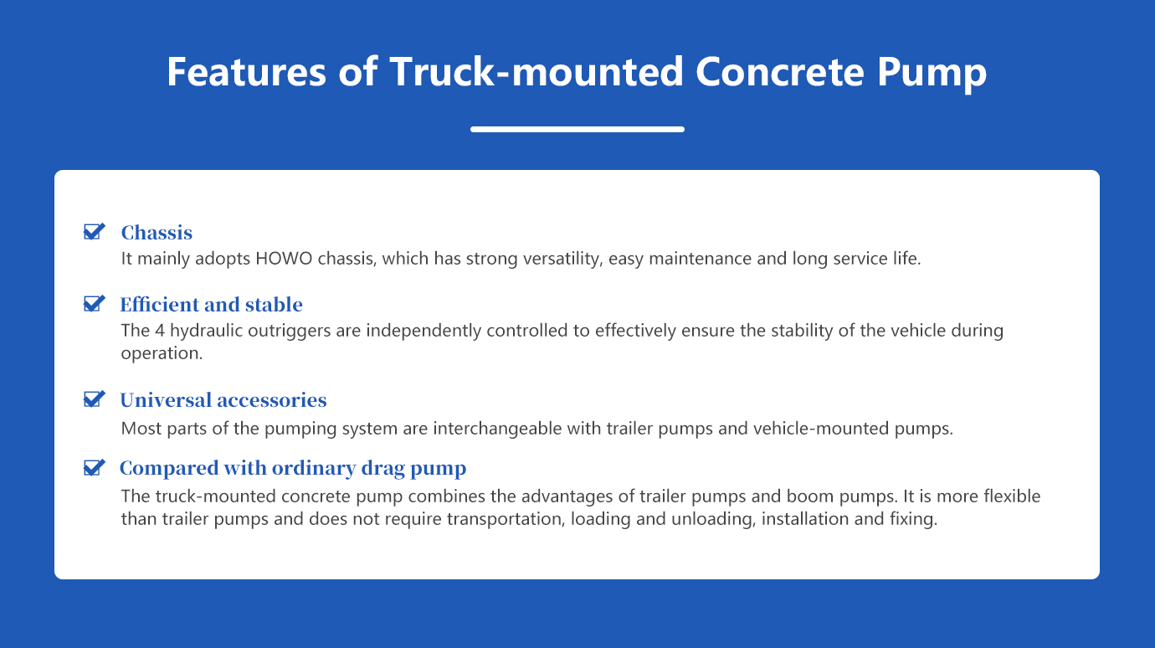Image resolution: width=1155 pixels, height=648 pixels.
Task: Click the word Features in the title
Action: (246, 71)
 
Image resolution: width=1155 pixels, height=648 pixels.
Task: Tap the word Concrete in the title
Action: (780, 71)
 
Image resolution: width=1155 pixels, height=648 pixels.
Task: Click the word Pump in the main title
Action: (932, 75)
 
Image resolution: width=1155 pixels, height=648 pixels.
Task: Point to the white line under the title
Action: (577, 130)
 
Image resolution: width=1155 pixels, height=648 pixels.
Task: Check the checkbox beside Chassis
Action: (95, 232)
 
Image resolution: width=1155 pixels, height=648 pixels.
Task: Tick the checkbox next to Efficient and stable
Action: (95, 303)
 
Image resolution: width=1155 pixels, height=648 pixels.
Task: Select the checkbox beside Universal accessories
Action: (95, 399)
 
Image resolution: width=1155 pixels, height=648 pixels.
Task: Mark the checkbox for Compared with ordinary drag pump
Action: (95, 467)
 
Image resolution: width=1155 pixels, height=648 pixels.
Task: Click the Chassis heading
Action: (157, 233)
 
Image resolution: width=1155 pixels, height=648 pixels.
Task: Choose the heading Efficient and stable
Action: (212, 305)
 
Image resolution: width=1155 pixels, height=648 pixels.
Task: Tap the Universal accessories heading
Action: (223, 400)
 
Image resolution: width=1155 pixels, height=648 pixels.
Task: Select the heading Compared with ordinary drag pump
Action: (293, 469)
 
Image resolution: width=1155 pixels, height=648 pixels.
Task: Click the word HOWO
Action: (284, 259)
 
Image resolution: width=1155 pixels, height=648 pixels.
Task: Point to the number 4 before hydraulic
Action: (160, 330)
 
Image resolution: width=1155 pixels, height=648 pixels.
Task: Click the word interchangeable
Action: (517, 429)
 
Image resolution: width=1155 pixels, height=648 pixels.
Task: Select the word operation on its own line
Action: (162, 354)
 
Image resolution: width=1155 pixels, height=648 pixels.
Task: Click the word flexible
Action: (1012, 496)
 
